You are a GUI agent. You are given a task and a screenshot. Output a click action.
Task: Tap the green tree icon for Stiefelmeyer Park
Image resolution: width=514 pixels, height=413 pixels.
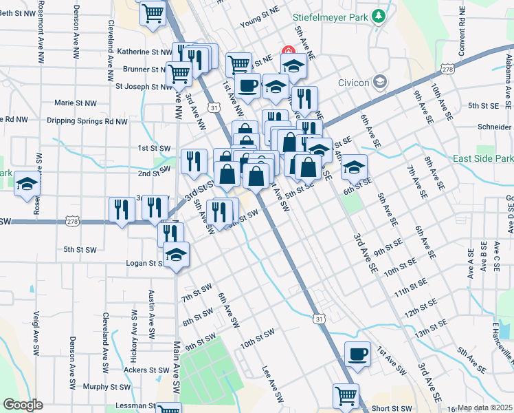(x=378, y=16)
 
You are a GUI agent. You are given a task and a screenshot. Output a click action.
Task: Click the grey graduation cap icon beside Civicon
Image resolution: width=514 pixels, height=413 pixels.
(x=379, y=83)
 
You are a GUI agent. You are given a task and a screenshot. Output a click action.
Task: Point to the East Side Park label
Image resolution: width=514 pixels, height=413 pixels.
(x=482, y=159)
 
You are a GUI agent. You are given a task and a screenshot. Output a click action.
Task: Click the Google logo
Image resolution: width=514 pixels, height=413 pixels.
(x=22, y=405)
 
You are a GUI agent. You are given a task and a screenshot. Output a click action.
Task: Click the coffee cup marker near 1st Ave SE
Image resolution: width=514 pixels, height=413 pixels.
(x=357, y=354)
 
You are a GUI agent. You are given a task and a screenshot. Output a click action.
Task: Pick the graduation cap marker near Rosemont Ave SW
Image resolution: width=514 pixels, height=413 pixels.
(x=27, y=184)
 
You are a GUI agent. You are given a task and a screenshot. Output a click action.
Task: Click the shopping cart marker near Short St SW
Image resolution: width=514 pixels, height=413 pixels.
(x=346, y=396)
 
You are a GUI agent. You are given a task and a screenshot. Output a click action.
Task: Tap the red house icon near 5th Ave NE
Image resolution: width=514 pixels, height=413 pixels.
(x=289, y=52)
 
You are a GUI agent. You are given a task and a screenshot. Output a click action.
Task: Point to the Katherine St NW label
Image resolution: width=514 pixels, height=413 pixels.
(x=144, y=52)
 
